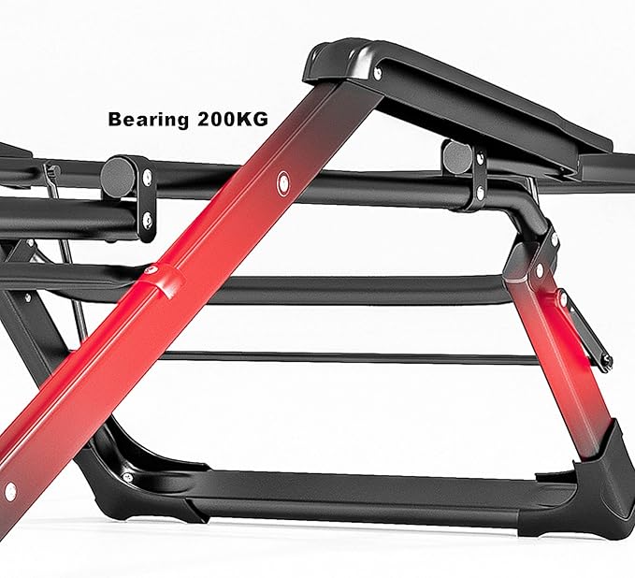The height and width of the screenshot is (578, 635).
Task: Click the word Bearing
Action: [148, 120]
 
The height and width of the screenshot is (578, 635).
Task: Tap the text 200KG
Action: [233, 119]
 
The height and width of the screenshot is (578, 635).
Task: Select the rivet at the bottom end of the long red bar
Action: [10, 491]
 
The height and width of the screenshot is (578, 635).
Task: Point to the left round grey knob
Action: [117, 176]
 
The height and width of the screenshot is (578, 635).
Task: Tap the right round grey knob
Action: [457, 156]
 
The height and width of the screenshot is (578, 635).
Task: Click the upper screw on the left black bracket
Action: [148, 176]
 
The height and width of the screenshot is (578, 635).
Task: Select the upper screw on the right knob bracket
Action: [480, 157]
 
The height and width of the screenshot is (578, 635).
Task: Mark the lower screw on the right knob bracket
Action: [481, 193]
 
